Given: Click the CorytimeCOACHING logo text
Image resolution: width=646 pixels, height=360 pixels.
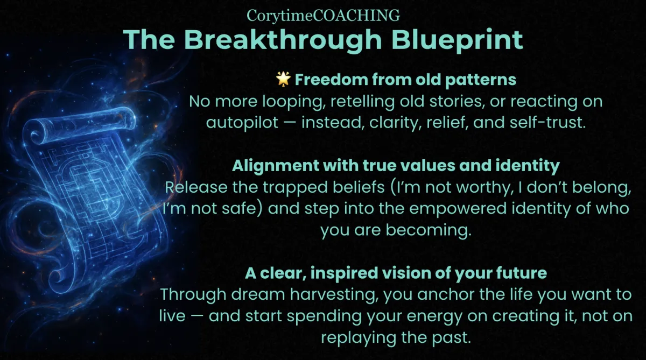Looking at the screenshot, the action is click(x=323, y=15).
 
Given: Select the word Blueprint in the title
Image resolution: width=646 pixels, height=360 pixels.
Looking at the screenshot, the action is click(x=457, y=40).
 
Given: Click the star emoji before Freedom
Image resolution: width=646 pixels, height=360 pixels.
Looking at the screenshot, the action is click(x=283, y=79).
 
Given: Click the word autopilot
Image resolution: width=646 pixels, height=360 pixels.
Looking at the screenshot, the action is click(x=242, y=123).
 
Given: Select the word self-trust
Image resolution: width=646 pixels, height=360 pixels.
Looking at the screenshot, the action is click(x=547, y=122).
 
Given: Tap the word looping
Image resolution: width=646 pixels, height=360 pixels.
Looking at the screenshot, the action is click(x=292, y=102).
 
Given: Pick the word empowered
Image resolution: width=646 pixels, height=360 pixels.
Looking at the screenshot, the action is click(x=458, y=209).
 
